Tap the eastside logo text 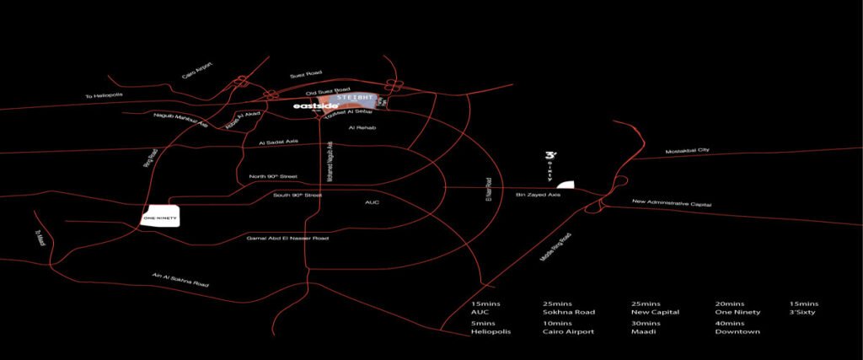315,107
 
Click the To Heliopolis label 104,94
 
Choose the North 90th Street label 274,176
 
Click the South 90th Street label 298,195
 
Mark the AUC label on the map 373,202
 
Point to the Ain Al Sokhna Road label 180,280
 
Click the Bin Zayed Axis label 538,195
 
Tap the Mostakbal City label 688,150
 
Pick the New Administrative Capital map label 673,205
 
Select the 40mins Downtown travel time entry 737,327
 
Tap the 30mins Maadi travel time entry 646,327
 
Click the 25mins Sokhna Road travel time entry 570,307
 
